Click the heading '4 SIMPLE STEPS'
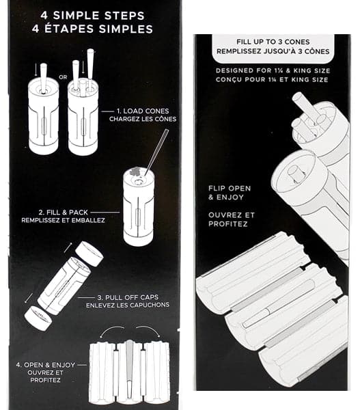pos(92,16)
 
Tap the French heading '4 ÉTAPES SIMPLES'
pos(92,29)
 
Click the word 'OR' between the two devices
pos(63,77)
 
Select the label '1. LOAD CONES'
pos(143,111)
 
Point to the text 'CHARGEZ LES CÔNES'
pos(143,119)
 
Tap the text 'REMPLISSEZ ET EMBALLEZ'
pos(64,220)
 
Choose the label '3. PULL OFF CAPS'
pos(128,297)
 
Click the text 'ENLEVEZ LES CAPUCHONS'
pos(128,305)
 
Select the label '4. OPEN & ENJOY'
pos(46,365)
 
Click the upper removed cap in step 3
pos(89,254)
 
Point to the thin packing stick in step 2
pos(157,152)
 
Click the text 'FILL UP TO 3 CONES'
pos(273,42)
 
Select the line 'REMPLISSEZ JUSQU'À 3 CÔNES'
pos(273,51)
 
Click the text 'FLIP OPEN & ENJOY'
pos(230,193)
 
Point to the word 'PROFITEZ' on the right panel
pos(228,224)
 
